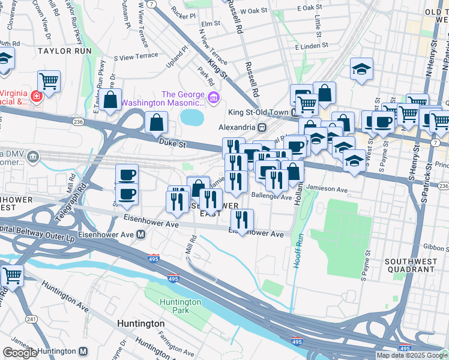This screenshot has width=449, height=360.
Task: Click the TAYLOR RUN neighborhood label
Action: coord(65,51)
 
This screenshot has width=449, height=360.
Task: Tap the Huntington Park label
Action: coord(180,306)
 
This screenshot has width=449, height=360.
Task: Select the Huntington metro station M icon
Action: coord(83,351)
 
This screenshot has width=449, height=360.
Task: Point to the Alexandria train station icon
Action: coord(262,128)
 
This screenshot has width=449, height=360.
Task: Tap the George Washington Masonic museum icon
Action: coord(212,98)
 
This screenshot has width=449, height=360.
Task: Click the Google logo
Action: coord(20,353)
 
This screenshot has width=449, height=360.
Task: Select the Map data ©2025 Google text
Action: coord(411,355)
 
